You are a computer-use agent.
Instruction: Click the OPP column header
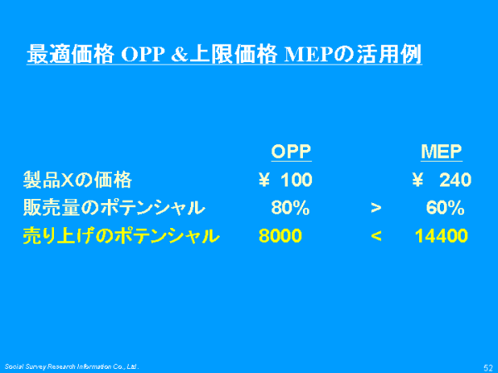291,152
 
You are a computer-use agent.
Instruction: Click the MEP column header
442,152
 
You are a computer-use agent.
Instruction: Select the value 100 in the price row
296,180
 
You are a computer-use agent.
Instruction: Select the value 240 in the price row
455,180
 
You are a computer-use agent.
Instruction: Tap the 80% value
290,208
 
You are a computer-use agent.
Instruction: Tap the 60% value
445,208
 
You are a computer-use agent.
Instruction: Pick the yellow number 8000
281,235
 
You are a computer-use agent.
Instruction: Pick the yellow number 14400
442,235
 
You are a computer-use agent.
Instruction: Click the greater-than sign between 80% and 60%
376,208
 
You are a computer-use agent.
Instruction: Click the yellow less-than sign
376,235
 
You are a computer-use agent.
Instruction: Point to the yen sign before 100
264,180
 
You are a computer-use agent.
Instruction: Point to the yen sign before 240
417,180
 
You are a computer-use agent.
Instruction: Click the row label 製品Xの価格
77,180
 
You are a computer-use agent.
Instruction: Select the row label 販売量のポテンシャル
114,208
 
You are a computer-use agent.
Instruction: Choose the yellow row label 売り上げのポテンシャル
121,235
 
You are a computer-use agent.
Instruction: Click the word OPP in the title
143,54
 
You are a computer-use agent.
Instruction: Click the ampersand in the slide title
180,54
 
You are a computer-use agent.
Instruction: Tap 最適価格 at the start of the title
71,54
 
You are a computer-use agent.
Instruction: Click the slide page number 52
488,367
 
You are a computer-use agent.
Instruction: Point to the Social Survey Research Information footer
71,366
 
